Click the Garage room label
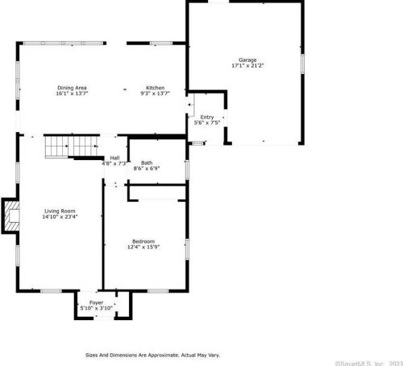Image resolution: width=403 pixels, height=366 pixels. tap(247, 61)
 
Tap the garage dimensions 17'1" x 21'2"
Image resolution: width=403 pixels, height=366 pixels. tap(247, 67)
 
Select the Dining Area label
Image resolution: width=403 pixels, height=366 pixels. tap(72, 87)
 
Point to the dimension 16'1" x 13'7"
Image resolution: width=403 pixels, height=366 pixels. tap(72, 93)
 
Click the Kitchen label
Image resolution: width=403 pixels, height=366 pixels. tap(155, 87)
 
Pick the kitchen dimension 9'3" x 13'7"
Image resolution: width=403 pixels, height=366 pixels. tap(155, 93)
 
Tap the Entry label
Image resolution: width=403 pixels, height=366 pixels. tap(207, 117)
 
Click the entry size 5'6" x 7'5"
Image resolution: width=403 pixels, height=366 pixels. tap(207, 123)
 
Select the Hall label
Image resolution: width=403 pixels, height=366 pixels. tap(115, 158)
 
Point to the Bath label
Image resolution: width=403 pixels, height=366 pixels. tap(147, 163)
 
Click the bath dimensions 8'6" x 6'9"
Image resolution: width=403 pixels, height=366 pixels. tap(147, 169)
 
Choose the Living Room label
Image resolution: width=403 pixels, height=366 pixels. tap(59, 211)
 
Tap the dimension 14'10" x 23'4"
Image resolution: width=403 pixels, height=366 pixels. tap(59, 217)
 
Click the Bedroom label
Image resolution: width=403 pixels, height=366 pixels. tap(143, 241)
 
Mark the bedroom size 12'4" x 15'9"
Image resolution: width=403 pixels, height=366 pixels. tap(143, 247)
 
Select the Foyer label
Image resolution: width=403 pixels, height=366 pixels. tap(96, 302)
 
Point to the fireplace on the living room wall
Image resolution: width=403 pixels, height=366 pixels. tap(10, 215)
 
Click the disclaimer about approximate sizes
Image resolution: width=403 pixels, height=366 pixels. tap(152, 354)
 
